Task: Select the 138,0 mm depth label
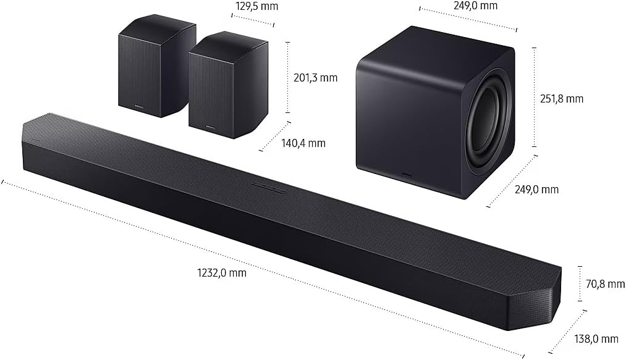(x=596, y=338)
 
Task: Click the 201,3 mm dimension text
(x=315, y=77)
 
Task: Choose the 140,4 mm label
(x=302, y=143)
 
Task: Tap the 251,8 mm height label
(x=561, y=98)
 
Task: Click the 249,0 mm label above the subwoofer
(x=474, y=6)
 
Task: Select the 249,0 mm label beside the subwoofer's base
(x=536, y=190)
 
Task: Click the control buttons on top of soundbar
(x=265, y=185)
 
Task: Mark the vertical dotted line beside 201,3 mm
(x=288, y=77)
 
